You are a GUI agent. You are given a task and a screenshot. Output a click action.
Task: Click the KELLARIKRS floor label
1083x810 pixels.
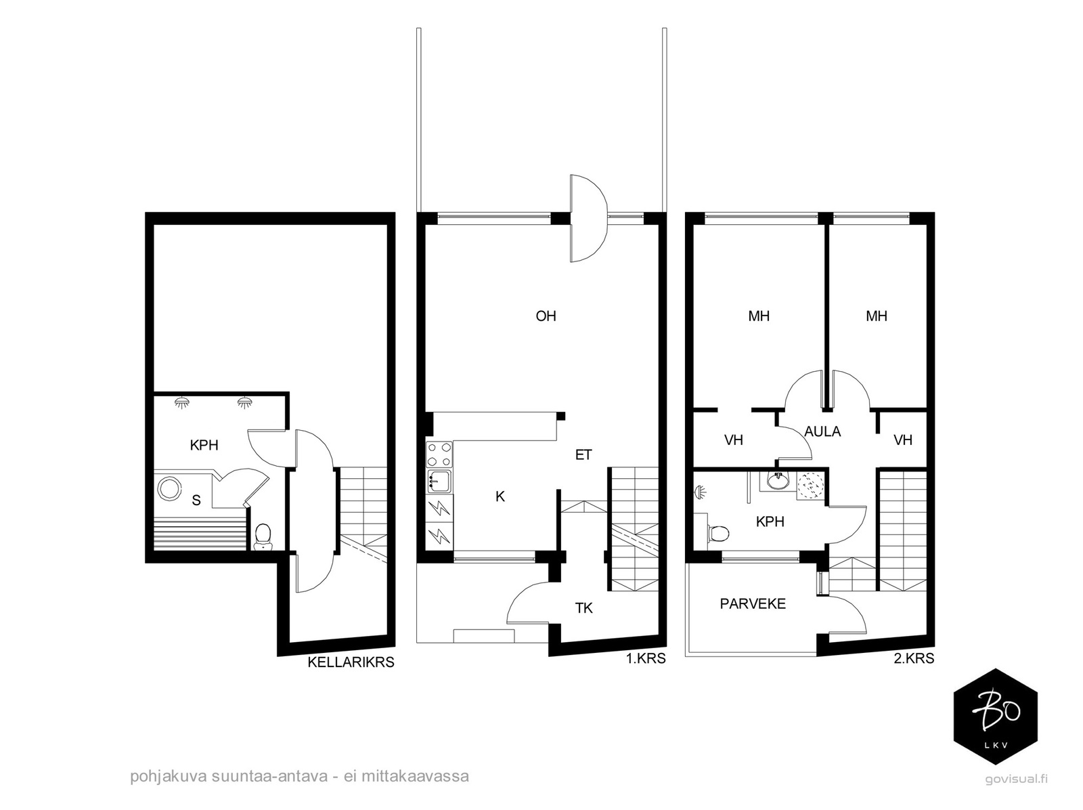pos(351,662)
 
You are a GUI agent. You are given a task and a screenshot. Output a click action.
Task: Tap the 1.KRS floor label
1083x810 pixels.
pos(646,658)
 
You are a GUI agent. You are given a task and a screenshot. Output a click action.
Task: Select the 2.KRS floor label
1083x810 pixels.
pos(914,658)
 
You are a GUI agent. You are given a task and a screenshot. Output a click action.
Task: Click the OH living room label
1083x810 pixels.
pos(546,316)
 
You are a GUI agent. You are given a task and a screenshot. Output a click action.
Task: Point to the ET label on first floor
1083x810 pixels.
pos(583,454)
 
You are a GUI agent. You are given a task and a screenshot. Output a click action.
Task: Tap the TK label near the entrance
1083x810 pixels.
pos(583,608)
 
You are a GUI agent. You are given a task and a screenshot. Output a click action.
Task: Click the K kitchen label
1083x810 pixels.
pos(500,496)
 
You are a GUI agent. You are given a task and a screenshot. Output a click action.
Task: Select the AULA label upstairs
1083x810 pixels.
pos(822,431)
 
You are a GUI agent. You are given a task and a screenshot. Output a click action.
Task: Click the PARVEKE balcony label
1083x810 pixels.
pos(753,603)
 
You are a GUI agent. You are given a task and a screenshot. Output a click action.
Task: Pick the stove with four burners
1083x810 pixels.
pos(439,454)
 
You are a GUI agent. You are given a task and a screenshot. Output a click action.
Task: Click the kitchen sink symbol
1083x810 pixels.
pos(439,482)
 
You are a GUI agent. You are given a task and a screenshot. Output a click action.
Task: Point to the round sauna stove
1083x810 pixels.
pos(169,488)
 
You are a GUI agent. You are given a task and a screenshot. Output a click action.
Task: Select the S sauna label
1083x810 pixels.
pos(196,500)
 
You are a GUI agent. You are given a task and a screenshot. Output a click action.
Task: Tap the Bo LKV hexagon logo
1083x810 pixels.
pos(995,717)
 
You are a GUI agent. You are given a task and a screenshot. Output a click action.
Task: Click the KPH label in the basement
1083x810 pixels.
pos(204,445)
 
